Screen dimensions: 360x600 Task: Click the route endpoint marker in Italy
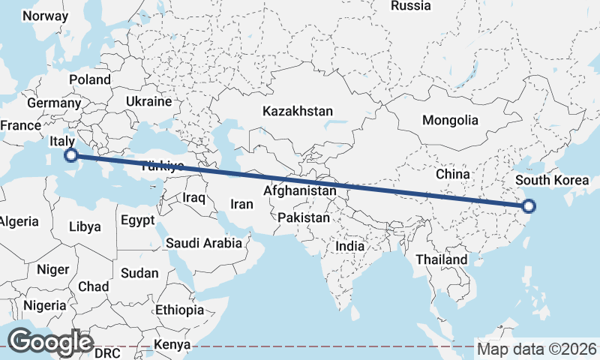tap(71, 155)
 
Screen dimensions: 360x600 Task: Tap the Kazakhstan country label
tap(297, 111)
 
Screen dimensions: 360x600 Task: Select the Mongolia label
tap(450, 120)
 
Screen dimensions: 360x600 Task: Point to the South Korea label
tap(552, 180)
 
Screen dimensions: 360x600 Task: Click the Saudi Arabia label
tap(204, 242)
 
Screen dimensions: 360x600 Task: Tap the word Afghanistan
tap(300, 191)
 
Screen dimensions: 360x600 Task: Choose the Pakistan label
tap(304, 218)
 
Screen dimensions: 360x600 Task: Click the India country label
tap(350, 245)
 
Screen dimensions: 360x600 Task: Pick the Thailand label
tap(443, 259)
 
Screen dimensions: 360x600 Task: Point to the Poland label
tap(90, 79)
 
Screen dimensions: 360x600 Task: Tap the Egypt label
tap(137, 220)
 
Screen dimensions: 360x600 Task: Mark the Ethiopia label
tap(180, 310)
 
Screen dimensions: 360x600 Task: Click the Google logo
tap(50, 342)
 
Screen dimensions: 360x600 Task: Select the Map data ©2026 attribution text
tap(537, 349)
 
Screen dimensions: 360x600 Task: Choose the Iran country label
tap(241, 203)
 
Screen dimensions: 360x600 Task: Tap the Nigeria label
tap(45, 305)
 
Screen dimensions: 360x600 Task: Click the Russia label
tap(411, 6)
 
